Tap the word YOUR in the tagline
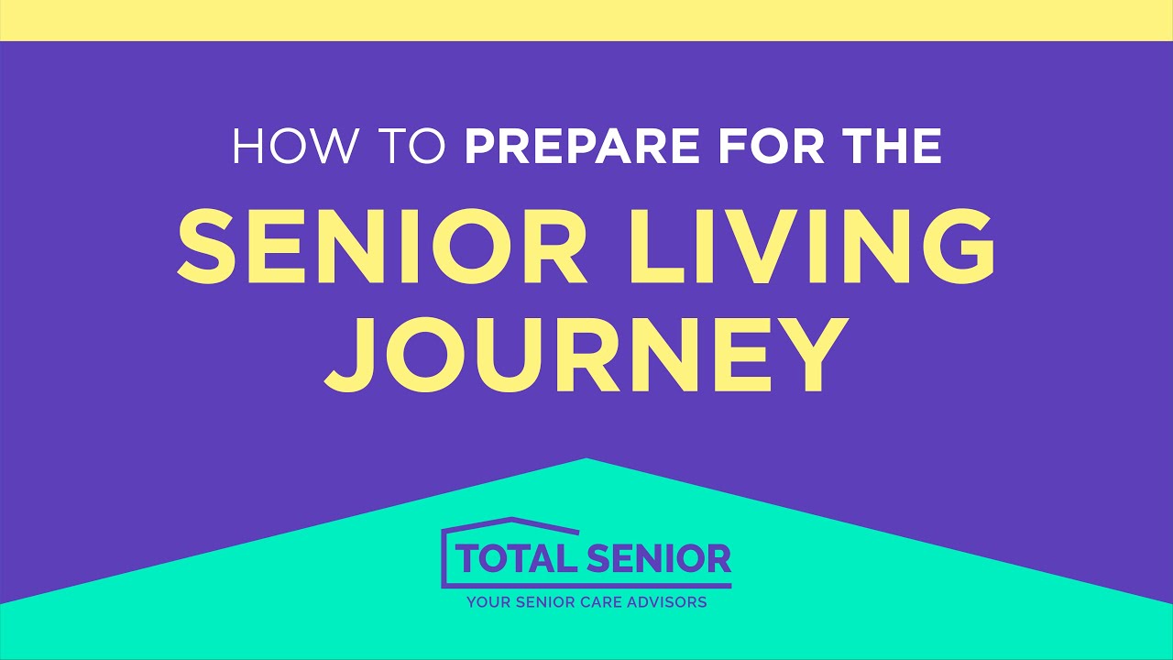click(x=488, y=603)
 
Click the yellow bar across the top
click(x=586, y=19)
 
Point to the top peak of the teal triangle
click(x=586, y=460)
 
